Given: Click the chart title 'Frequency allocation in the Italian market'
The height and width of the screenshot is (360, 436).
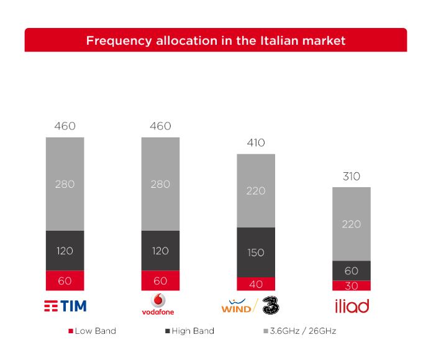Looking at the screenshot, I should tap(216, 41).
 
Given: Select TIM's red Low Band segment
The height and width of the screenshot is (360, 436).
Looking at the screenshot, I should tap(65, 280).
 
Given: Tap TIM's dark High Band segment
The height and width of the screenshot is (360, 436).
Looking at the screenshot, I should tap(65, 251).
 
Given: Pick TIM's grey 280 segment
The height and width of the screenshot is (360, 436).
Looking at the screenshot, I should tap(65, 184).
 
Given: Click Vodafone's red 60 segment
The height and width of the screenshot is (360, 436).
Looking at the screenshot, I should tap(160, 280).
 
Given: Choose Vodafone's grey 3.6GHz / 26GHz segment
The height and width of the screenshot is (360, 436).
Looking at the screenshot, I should tap(160, 184).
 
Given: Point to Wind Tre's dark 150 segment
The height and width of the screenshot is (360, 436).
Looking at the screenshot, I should tap(256, 252).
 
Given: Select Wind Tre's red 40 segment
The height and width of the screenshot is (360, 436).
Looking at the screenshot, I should tap(256, 284).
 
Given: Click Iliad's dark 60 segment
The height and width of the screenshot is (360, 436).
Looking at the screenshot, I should tap(352, 270).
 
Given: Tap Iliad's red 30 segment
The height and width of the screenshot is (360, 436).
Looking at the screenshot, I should tap(352, 285).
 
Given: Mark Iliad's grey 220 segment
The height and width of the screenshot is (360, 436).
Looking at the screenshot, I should tap(352, 224).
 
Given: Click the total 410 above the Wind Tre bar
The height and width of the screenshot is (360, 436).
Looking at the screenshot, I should tap(256, 143).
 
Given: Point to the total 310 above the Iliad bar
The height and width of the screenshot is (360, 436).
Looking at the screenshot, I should tap(352, 177).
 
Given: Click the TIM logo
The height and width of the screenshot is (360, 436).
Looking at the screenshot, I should tap(65, 306).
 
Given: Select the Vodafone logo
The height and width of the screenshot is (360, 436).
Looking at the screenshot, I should tap(160, 304).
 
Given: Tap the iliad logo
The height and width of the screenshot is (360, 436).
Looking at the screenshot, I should tap(352, 305).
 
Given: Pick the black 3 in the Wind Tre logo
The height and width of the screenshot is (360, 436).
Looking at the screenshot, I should tap(271, 305).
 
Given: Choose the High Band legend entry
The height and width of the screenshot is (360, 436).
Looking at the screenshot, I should tap(189, 331).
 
